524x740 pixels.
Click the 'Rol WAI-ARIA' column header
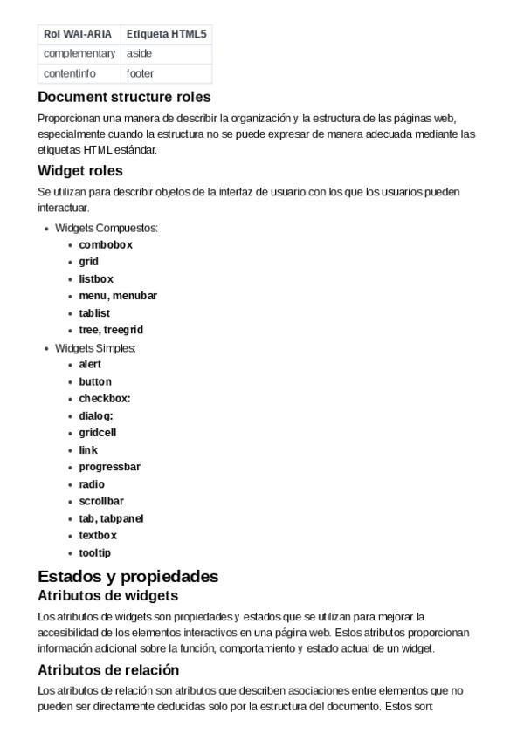coord(78,34)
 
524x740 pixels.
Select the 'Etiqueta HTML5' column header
coord(166,34)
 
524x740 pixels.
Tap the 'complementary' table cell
coord(79,53)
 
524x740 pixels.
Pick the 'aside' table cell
coord(139,53)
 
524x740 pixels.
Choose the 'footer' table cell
coord(140,73)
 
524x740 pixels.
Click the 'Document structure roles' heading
coord(124,97)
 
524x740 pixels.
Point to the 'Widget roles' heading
coord(80,170)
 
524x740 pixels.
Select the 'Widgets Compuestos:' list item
coord(107,228)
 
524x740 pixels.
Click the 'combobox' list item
coord(106,245)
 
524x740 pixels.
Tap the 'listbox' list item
coord(96,279)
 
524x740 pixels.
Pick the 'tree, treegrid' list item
coord(111,330)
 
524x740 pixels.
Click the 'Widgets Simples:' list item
coord(96,347)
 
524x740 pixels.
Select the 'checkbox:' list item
coord(105,398)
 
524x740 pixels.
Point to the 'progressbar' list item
coord(109,467)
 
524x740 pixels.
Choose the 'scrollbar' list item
coord(101,501)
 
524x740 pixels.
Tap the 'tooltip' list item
coord(95,552)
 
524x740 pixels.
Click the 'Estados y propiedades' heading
coord(128,576)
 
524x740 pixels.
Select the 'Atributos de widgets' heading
coord(108,596)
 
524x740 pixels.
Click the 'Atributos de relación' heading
coord(108,670)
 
